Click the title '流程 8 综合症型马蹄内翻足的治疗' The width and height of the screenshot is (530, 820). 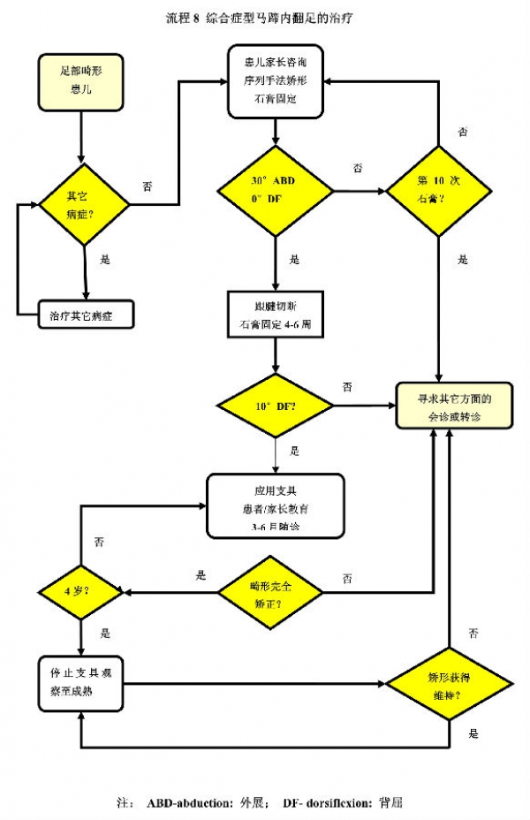point(264,17)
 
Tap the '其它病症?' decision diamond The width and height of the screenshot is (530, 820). point(84,204)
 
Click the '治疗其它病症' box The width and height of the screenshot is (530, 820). point(86,315)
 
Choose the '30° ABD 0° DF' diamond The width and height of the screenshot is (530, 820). point(274,191)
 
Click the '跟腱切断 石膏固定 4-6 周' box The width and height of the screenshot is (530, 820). point(276,315)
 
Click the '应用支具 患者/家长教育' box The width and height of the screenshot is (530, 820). point(274,506)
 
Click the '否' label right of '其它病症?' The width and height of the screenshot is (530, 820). point(147,186)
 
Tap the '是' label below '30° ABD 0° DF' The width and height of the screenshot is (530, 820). point(294,260)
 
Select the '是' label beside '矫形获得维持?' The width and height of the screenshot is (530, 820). point(474,733)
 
